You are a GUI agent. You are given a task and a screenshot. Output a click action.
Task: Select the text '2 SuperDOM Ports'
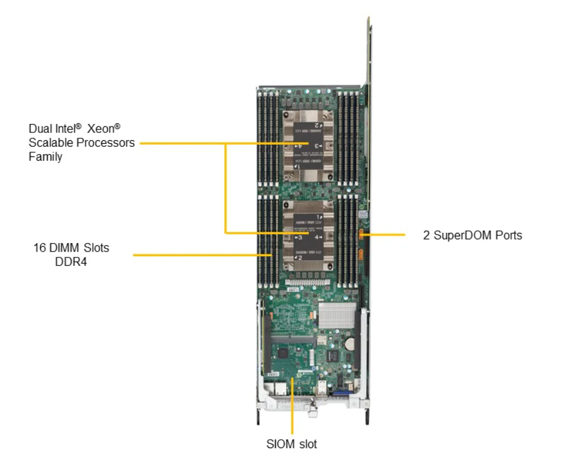click(472, 235)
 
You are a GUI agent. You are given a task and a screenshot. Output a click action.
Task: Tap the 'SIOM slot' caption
click(291, 445)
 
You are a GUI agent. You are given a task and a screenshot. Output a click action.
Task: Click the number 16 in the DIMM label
click(40, 248)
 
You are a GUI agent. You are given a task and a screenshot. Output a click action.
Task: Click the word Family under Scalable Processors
click(45, 157)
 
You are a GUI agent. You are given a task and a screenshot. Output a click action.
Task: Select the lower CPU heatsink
click(309, 237)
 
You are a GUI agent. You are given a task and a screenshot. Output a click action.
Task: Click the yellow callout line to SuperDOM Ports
click(385, 235)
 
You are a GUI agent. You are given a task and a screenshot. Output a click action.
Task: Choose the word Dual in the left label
click(40, 129)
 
